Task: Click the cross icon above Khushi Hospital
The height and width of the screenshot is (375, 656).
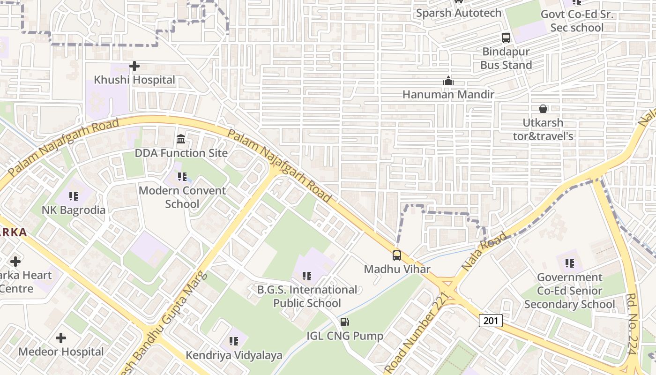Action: (x=134, y=66)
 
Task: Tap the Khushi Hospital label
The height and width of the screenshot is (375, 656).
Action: (x=134, y=80)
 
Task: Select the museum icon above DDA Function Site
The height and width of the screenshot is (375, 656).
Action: (x=181, y=139)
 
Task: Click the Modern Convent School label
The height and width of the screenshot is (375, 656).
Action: (x=182, y=197)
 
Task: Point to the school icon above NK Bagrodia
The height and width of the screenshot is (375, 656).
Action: (x=74, y=196)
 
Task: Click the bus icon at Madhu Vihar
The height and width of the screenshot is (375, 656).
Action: (x=397, y=255)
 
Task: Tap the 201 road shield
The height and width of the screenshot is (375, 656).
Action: (x=491, y=321)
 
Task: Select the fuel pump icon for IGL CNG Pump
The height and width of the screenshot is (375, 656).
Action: (x=345, y=322)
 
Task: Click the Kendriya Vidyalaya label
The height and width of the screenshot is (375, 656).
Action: (x=234, y=355)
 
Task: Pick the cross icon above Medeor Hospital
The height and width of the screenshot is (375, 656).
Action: (x=61, y=338)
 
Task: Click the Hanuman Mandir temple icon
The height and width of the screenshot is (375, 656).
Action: (x=448, y=81)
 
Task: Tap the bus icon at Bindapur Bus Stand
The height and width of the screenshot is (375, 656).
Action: (x=506, y=38)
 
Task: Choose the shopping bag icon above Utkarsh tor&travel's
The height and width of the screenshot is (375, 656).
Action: (x=543, y=109)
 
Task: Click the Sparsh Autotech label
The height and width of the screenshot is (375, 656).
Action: (x=459, y=13)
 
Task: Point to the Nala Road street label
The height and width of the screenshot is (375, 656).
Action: (x=485, y=251)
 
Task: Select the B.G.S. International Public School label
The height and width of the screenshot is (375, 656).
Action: (x=307, y=296)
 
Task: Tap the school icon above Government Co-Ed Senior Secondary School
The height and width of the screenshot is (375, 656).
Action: (x=570, y=263)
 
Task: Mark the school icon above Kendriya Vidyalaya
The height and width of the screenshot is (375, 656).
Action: (x=234, y=341)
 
